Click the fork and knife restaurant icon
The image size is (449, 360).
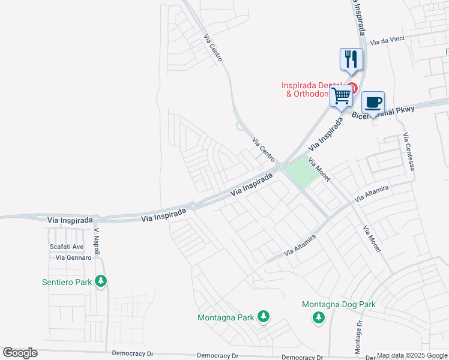click(351, 59)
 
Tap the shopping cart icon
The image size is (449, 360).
click(342, 95)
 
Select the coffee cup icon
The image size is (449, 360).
click(373, 102)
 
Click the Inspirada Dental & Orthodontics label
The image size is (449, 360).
click(312, 89)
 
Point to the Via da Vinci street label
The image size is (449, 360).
click(387, 41)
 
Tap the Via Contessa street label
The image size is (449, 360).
click(409, 151)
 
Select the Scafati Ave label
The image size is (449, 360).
click(66, 247)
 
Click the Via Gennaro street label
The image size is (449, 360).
click(73, 257)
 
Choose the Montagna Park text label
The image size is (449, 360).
click(226, 317)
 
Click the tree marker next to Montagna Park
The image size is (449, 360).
click(262, 316)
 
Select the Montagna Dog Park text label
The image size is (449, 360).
click(339, 304)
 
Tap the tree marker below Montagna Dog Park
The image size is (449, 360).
click(319, 317)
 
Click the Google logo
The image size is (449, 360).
click(20, 353)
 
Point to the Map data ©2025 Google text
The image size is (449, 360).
click(412, 355)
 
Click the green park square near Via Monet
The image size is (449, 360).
click(302, 171)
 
